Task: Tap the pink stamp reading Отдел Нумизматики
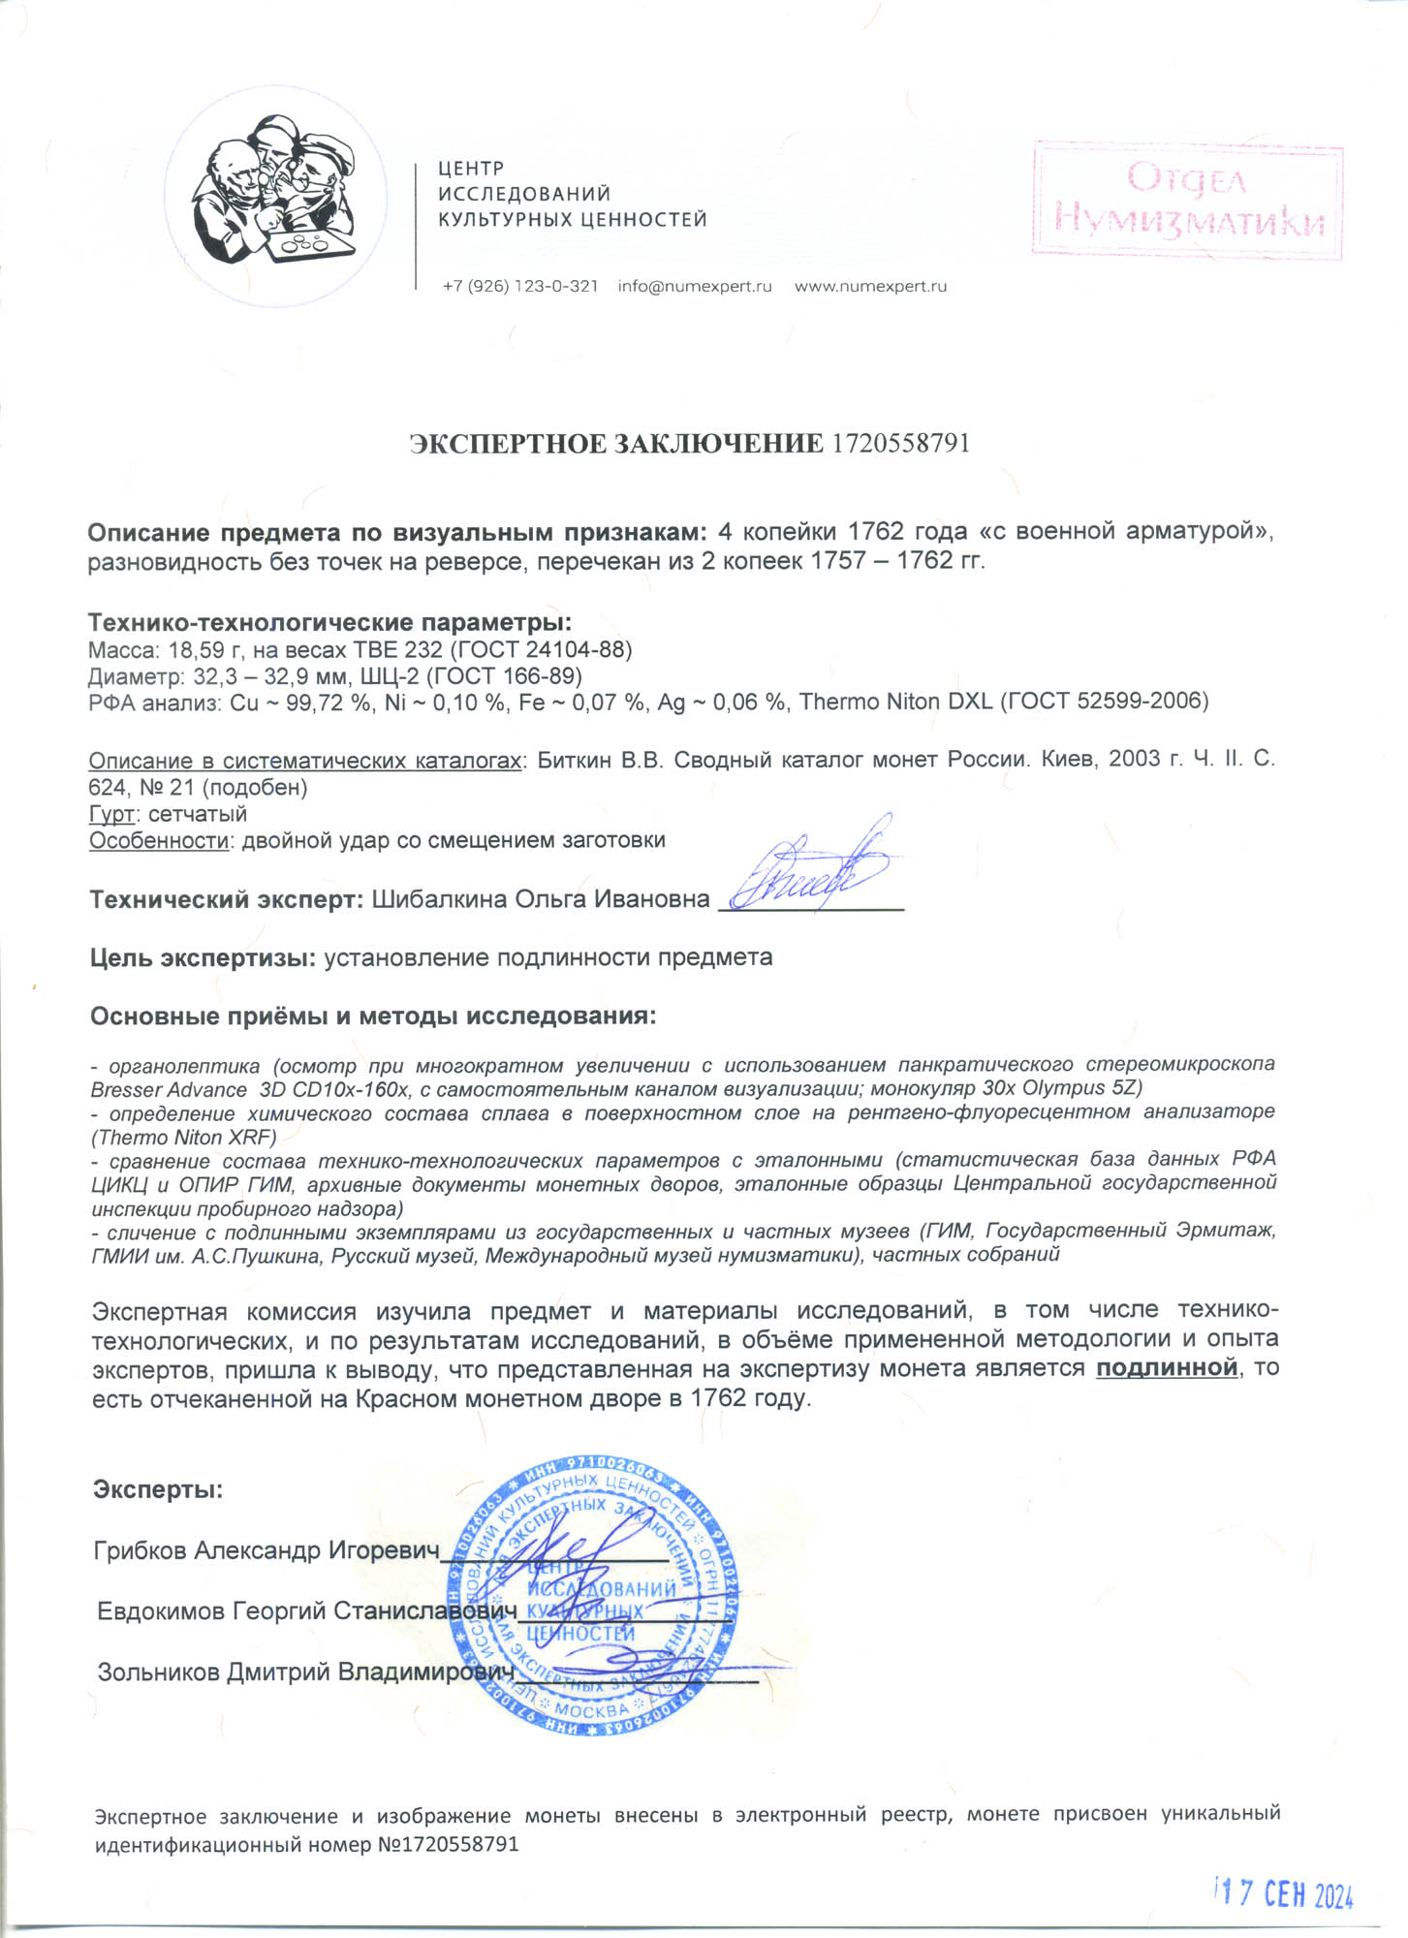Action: tap(1187, 199)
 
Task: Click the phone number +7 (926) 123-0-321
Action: tap(519, 287)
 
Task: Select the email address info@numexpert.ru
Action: tap(695, 287)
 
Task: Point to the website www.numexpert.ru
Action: tap(870, 287)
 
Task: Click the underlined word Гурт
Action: tap(110, 814)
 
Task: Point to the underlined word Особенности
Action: tap(158, 840)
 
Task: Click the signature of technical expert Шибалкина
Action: tap(809, 867)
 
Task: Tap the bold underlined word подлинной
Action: tap(1167, 1368)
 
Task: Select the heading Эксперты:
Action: tap(158, 1489)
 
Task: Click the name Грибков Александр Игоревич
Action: tap(266, 1551)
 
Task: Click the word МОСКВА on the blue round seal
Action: tap(592, 1711)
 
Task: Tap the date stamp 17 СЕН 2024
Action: tap(1285, 1893)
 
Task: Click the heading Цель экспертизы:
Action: tap(203, 958)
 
